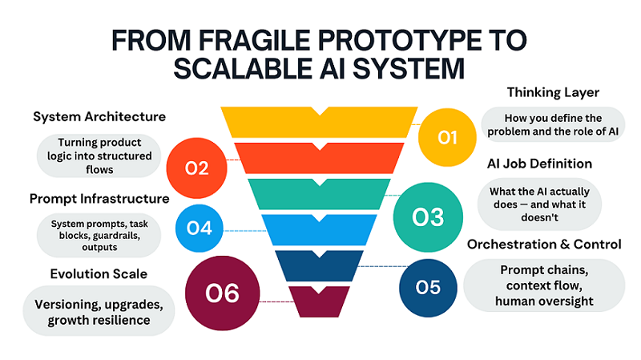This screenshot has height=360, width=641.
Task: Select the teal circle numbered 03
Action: (x=428, y=216)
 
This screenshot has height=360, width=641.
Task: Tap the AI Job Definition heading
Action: (x=540, y=164)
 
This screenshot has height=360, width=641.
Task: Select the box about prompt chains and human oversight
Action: (x=544, y=285)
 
